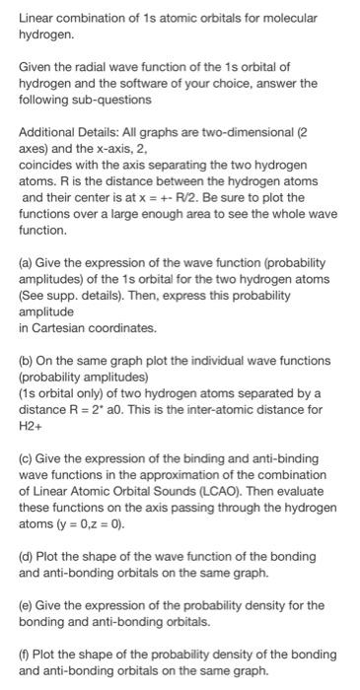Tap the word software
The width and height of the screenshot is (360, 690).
[218, 84]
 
